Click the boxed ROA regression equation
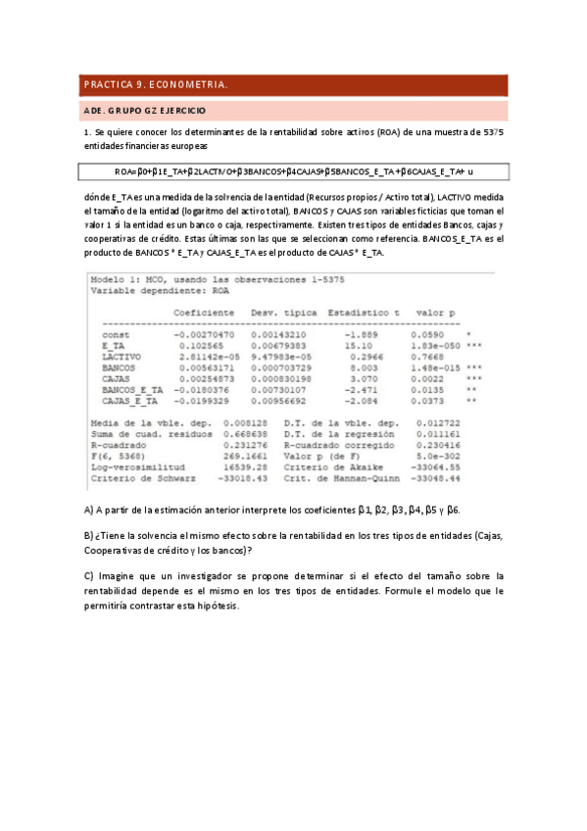293,171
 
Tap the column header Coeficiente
204,312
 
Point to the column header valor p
435,312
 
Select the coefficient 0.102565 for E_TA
205,346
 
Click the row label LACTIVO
122,357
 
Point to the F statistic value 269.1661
241,457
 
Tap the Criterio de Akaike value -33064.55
434,467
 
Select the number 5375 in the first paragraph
494,131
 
